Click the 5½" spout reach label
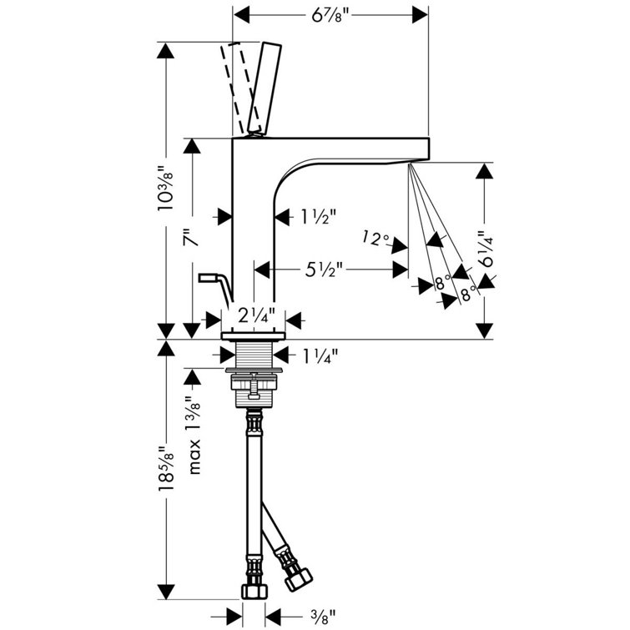point(325,270)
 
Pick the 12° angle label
point(376,240)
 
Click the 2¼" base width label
point(255,317)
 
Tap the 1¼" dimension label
point(318,356)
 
